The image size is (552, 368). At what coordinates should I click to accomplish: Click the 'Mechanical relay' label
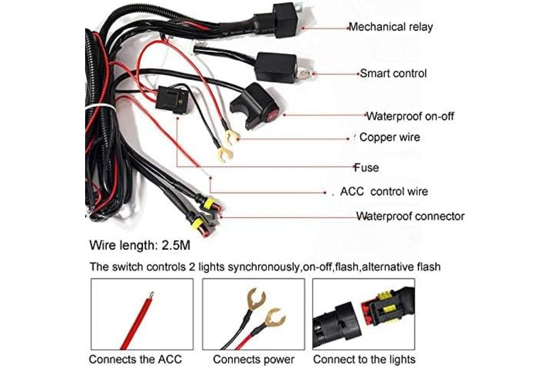(x=391, y=27)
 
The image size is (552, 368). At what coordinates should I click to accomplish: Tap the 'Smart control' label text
(x=393, y=74)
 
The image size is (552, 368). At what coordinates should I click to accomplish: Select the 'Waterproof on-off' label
(x=410, y=116)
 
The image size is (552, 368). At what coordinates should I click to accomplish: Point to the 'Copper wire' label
(x=390, y=137)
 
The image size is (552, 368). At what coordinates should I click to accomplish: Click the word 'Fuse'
(x=367, y=167)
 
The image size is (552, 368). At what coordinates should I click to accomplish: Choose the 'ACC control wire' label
(x=384, y=191)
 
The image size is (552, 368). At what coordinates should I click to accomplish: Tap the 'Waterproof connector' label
(x=410, y=216)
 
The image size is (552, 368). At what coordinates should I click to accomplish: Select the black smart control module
(x=276, y=67)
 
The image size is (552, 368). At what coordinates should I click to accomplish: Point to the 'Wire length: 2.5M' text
(x=140, y=246)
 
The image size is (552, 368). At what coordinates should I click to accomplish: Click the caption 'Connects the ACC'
(x=135, y=359)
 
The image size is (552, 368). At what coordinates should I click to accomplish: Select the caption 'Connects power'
(x=253, y=359)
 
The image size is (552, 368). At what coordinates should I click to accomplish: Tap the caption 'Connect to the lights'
(x=364, y=359)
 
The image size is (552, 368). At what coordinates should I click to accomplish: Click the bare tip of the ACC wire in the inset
(x=152, y=294)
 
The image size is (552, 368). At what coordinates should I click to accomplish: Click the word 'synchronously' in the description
(x=264, y=267)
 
